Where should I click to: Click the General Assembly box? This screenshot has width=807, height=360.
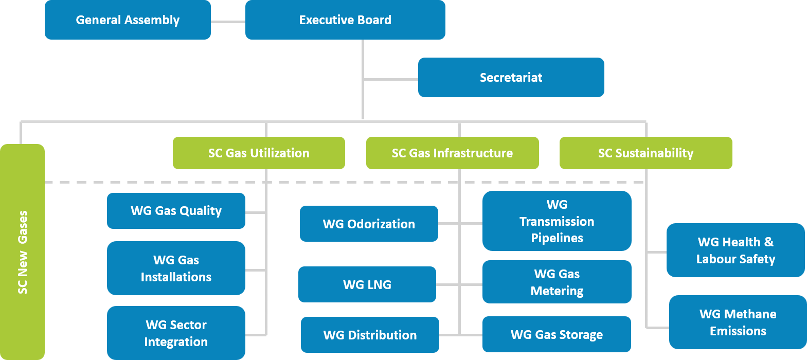tap(128, 20)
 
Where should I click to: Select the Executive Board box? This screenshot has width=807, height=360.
tap(345, 20)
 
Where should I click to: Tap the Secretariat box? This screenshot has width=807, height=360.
tap(511, 78)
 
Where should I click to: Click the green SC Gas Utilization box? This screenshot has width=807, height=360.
tap(259, 153)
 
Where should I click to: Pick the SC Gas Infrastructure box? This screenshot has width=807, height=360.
tap(452, 153)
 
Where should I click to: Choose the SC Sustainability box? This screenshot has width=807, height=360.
tap(645, 153)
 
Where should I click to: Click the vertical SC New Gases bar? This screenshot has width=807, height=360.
tap(23, 252)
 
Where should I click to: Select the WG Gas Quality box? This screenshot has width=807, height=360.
tap(176, 211)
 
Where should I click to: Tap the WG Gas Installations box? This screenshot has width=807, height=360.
tap(176, 268)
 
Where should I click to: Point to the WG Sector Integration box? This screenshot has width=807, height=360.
tap(176, 333)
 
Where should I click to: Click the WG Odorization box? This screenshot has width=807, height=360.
tap(369, 224)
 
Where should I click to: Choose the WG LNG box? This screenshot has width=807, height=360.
tap(367, 284)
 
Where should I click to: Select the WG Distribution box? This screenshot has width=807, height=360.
tap(370, 335)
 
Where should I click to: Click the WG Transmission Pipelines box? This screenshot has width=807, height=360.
tap(557, 221)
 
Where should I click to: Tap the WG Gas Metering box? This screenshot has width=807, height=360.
tap(557, 282)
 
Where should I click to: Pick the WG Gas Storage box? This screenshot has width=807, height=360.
tap(557, 334)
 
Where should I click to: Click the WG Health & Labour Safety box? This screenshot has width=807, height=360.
tap(736, 250)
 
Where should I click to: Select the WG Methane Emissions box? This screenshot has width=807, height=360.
tap(738, 322)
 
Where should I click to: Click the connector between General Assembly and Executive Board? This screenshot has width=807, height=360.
tap(228, 22)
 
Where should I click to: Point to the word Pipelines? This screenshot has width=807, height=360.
tap(557, 238)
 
